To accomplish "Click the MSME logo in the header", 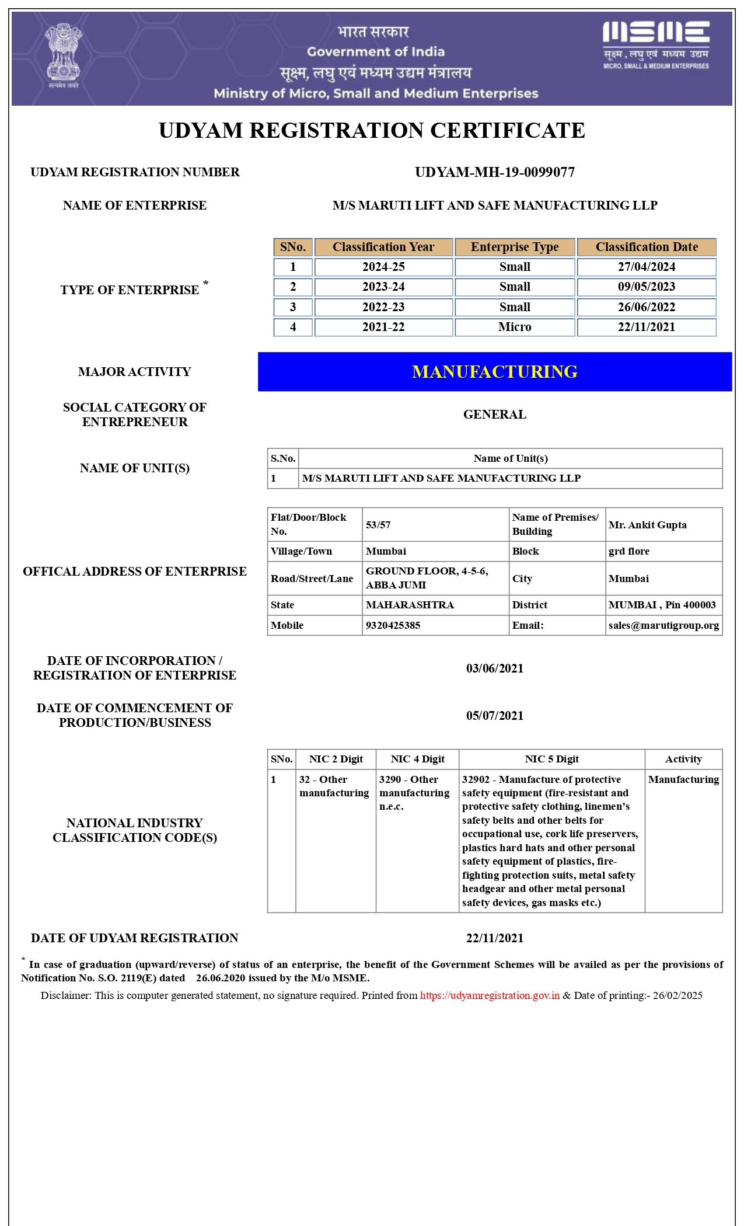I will pos(656,44).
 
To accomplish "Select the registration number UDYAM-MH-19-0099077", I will pos(495,172).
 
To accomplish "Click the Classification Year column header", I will pos(383,247).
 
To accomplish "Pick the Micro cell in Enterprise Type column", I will pos(515,327).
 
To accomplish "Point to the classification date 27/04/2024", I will pos(647,267).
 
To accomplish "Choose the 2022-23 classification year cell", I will pos(383,307).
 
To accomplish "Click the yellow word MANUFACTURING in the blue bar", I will pos(495,372).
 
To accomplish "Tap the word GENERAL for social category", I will pos(495,415).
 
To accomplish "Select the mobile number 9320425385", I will pos(393,625).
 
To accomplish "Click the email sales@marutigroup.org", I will pos(663,625).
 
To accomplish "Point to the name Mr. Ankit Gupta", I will pos(647,525).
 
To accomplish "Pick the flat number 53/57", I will pos(378,525).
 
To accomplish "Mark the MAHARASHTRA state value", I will pos(410,605).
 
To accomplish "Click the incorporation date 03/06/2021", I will pos(495,668).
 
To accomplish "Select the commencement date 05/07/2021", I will pos(495,716).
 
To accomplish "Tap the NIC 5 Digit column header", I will pos(551,759).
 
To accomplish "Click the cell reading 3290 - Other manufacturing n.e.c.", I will pos(414,793).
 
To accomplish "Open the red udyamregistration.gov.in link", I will pos(490,995).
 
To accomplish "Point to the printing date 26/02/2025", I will pos(677,995).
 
